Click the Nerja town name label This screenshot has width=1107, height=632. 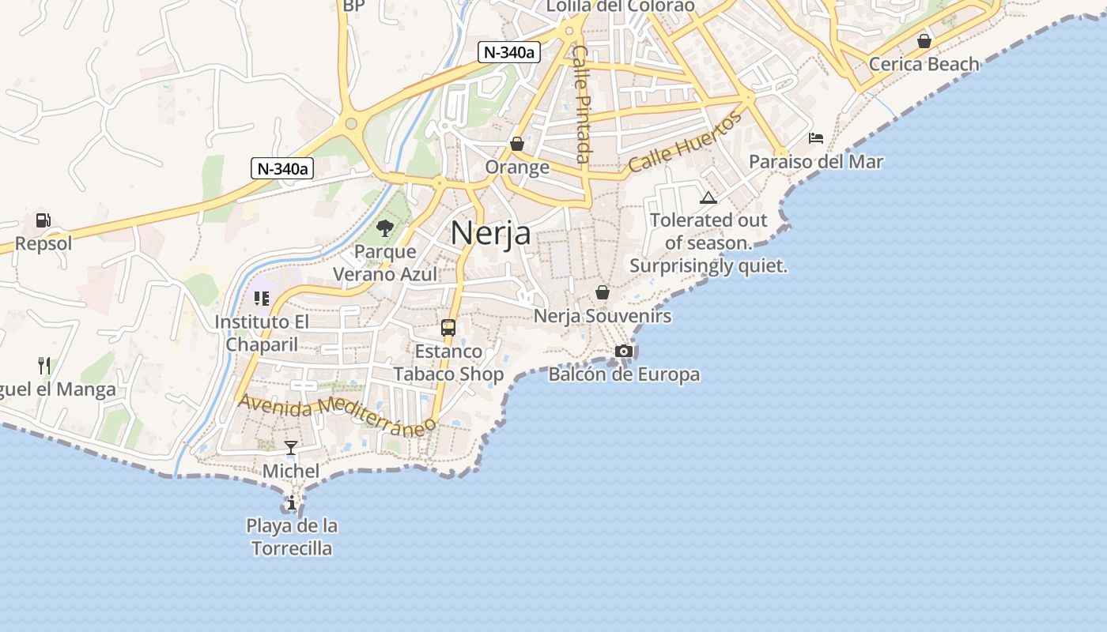tap(490, 233)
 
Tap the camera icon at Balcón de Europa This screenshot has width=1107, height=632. tap(624, 351)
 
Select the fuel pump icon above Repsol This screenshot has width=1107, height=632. tap(43, 220)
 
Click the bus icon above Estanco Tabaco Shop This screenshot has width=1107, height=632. tap(448, 327)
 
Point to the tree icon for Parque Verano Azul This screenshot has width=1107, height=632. tap(385, 229)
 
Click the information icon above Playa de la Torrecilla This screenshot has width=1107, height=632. tap(292, 502)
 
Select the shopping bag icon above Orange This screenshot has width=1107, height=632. tap(517, 144)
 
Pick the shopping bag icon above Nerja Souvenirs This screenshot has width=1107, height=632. tap(603, 293)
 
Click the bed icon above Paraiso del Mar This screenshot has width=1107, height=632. tap(816, 138)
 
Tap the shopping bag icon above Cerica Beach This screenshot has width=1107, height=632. tap(924, 41)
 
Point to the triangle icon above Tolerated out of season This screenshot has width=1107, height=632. tap(708, 197)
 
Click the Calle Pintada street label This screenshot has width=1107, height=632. tap(582, 103)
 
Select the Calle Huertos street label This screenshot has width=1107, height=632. tap(686, 141)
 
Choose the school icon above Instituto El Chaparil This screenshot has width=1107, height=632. tap(262, 299)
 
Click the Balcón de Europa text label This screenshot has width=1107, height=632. tap(624, 374)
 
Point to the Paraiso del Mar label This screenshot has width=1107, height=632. tap(816, 161)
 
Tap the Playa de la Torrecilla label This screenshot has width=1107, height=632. tap(292, 536)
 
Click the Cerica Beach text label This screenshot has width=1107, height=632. tap(924, 64)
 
